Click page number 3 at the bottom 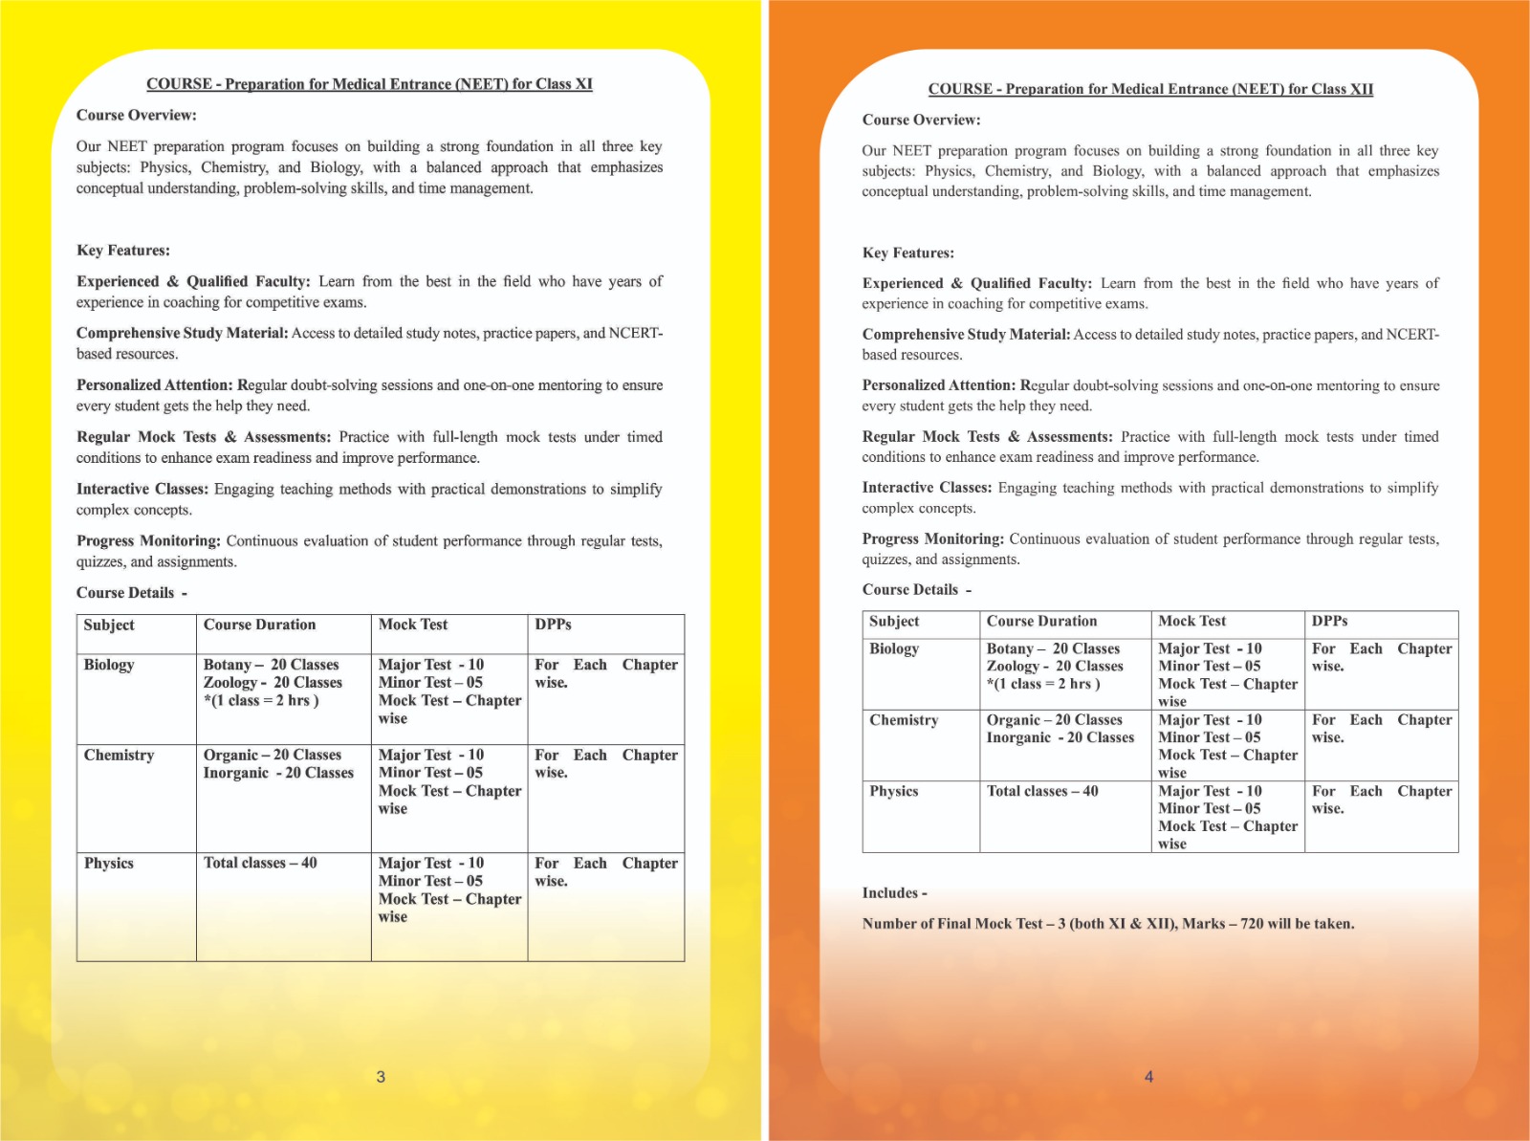coord(381,1077)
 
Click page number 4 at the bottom coord(1148,1077)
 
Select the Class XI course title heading coord(369,84)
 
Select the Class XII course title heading coord(1150,89)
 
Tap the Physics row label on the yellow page coord(109,863)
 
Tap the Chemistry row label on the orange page coord(904,720)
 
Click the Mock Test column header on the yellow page coord(413,625)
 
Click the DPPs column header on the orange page coord(1329,621)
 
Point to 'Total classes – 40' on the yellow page coord(260,863)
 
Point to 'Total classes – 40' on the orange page coord(1042,791)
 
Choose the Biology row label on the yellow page coord(109,665)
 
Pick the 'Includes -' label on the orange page coord(894,893)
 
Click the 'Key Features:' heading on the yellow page coord(123,251)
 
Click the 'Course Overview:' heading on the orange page coord(921,121)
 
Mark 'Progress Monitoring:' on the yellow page coord(148,541)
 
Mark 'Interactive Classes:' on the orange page coord(927,488)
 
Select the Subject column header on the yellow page coord(109,625)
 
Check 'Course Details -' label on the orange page coord(916,590)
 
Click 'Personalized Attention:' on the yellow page coord(154,385)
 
